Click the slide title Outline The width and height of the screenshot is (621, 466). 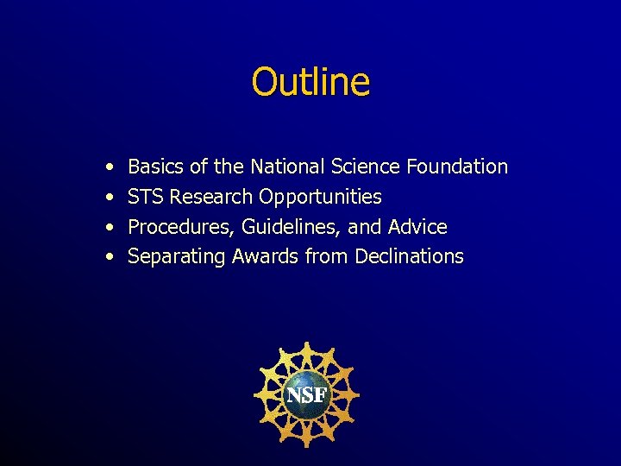(310, 82)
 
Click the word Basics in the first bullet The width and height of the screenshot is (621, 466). (156, 166)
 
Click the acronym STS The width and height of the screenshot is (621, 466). (146, 197)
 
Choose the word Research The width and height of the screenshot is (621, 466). (211, 197)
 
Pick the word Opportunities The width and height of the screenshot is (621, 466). (320, 198)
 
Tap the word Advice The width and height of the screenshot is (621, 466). (417, 227)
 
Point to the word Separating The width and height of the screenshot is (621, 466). (175, 257)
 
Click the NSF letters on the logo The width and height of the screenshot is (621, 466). (306, 395)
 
